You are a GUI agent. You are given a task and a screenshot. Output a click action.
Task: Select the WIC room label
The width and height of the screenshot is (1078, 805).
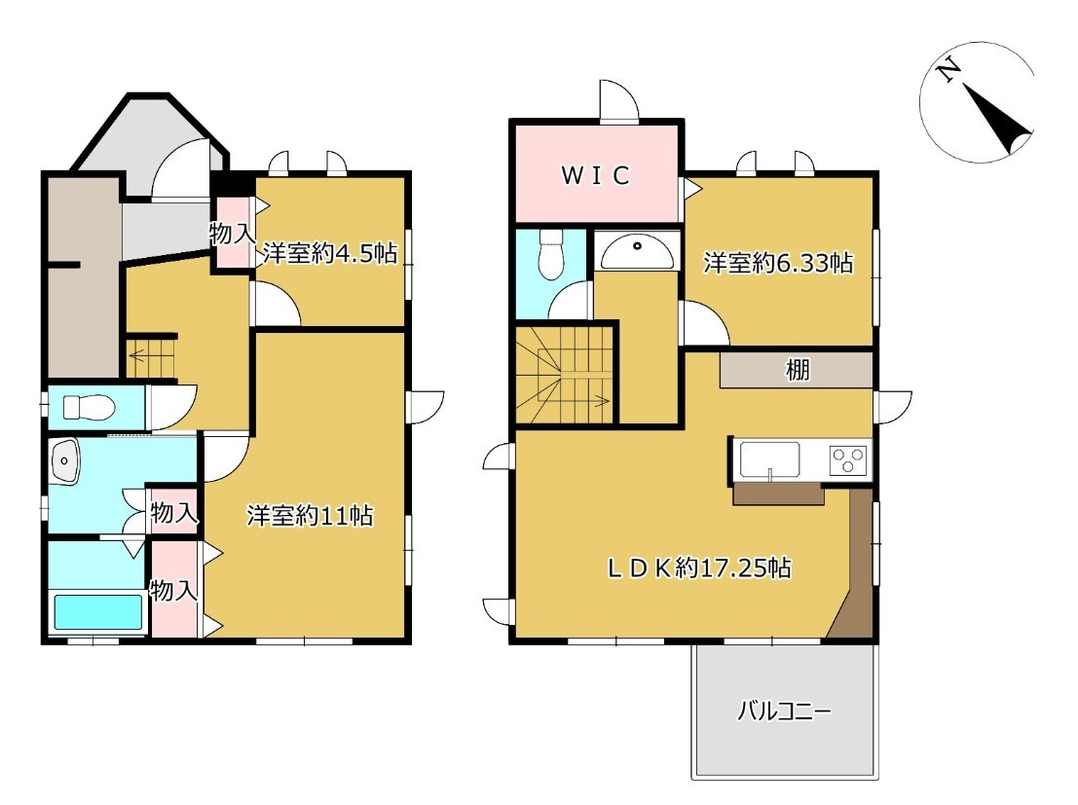(x=595, y=175)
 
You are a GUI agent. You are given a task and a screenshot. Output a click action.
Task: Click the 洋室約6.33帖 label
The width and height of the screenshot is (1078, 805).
(x=777, y=263)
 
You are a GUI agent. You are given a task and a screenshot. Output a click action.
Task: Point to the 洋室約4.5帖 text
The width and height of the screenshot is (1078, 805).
(x=330, y=254)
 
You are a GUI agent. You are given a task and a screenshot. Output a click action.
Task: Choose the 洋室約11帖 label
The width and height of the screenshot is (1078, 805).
(x=310, y=515)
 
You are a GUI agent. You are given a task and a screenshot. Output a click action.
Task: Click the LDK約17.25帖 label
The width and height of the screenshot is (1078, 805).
(x=699, y=567)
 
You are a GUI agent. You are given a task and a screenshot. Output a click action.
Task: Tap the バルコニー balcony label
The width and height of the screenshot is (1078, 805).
(x=785, y=711)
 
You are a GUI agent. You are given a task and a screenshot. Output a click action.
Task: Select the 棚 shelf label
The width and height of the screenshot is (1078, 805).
(x=798, y=370)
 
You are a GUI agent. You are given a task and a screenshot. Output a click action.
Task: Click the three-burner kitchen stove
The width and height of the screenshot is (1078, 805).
(x=850, y=459)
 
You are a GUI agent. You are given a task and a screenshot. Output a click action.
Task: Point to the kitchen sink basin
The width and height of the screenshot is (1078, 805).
(x=770, y=459)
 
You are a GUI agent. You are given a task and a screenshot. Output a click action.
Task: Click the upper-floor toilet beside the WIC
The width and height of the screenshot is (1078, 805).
(x=551, y=254)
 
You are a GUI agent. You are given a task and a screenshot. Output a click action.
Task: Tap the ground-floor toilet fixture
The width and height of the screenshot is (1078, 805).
(x=88, y=406)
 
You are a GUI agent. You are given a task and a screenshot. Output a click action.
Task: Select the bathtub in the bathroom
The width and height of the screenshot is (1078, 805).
(x=97, y=611)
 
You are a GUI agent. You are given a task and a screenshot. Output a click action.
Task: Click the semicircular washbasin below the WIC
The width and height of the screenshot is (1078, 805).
(x=637, y=252)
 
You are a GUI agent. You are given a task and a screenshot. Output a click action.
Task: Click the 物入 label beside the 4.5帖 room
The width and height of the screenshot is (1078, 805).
(x=233, y=233)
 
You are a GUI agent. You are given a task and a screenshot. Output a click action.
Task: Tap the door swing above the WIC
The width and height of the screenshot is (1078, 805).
(x=619, y=100)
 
